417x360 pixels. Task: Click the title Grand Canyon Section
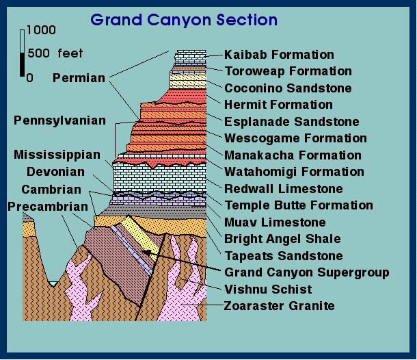(x=184, y=21)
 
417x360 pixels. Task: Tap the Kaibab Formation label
(x=279, y=55)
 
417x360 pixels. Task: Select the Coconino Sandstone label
(x=288, y=88)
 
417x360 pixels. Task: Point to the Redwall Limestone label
(x=284, y=189)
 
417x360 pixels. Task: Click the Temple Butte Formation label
(x=299, y=205)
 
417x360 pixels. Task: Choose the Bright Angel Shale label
(x=282, y=239)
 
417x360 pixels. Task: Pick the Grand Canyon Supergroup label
(x=307, y=272)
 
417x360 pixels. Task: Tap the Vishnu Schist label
(x=268, y=290)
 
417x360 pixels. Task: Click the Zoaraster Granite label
(x=279, y=306)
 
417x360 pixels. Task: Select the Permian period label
(x=79, y=78)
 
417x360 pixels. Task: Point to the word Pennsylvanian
(x=60, y=120)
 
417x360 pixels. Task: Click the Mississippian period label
(x=57, y=155)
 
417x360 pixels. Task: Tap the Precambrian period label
(x=48, y=207)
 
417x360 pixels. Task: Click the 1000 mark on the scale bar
(x=41, y=30)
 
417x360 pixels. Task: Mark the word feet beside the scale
(x=70, y=53)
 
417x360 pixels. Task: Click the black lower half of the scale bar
(x=22, y=64)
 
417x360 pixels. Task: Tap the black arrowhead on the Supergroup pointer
(x=146, y=253)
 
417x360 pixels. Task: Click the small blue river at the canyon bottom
(x=53, y=283)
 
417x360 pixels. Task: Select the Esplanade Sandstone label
(x=292, y=122)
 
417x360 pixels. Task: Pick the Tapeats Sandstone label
(x=284, y=256)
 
